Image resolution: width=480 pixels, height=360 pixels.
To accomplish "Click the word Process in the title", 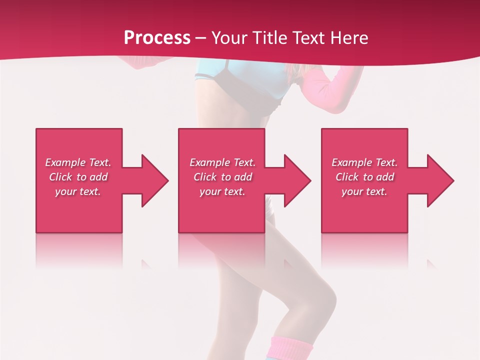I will tap(157, 37).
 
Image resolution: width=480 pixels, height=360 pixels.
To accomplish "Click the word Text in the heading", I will tap(309, 38).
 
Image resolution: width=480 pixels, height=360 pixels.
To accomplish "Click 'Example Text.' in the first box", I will tap(78, 162).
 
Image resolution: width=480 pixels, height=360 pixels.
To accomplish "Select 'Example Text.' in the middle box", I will tap(222, 162).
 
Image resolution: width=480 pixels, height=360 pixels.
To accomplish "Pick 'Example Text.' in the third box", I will tap(364, 162).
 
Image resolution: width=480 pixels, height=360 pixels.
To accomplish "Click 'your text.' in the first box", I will tap(78, 191).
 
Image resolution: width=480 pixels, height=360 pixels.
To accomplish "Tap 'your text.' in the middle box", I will tap(222, 191).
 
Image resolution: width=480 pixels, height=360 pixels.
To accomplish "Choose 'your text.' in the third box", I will tap(364, 191).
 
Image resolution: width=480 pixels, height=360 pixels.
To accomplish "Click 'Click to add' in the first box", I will tap(78, 177).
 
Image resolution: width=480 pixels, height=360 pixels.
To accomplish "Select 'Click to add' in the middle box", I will tap(222, 177).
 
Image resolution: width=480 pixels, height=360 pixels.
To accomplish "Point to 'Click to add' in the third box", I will tap(364, 177).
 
